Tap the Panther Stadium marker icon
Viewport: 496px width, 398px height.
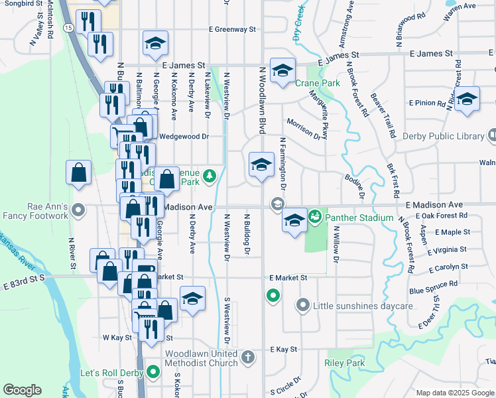(x=314, y=216)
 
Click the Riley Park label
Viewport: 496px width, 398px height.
(x=345, y=363)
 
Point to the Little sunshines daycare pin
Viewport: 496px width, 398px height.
(x=303, y=306)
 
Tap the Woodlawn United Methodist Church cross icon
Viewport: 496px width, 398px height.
(x=248, y=358)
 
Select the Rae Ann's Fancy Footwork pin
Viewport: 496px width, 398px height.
(x=78, y=211)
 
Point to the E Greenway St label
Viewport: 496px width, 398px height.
(x=231, y=29)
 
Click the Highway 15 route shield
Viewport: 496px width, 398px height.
(x=68, y=27)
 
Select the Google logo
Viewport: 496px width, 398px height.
(x=22, y=390)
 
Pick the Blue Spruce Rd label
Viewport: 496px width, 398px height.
(x=434, y=287)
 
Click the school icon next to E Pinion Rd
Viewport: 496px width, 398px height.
(x=467, y=100)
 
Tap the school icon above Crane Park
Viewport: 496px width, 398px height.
(x=282, y=72)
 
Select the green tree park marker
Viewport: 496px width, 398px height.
(x=210, y=176)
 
